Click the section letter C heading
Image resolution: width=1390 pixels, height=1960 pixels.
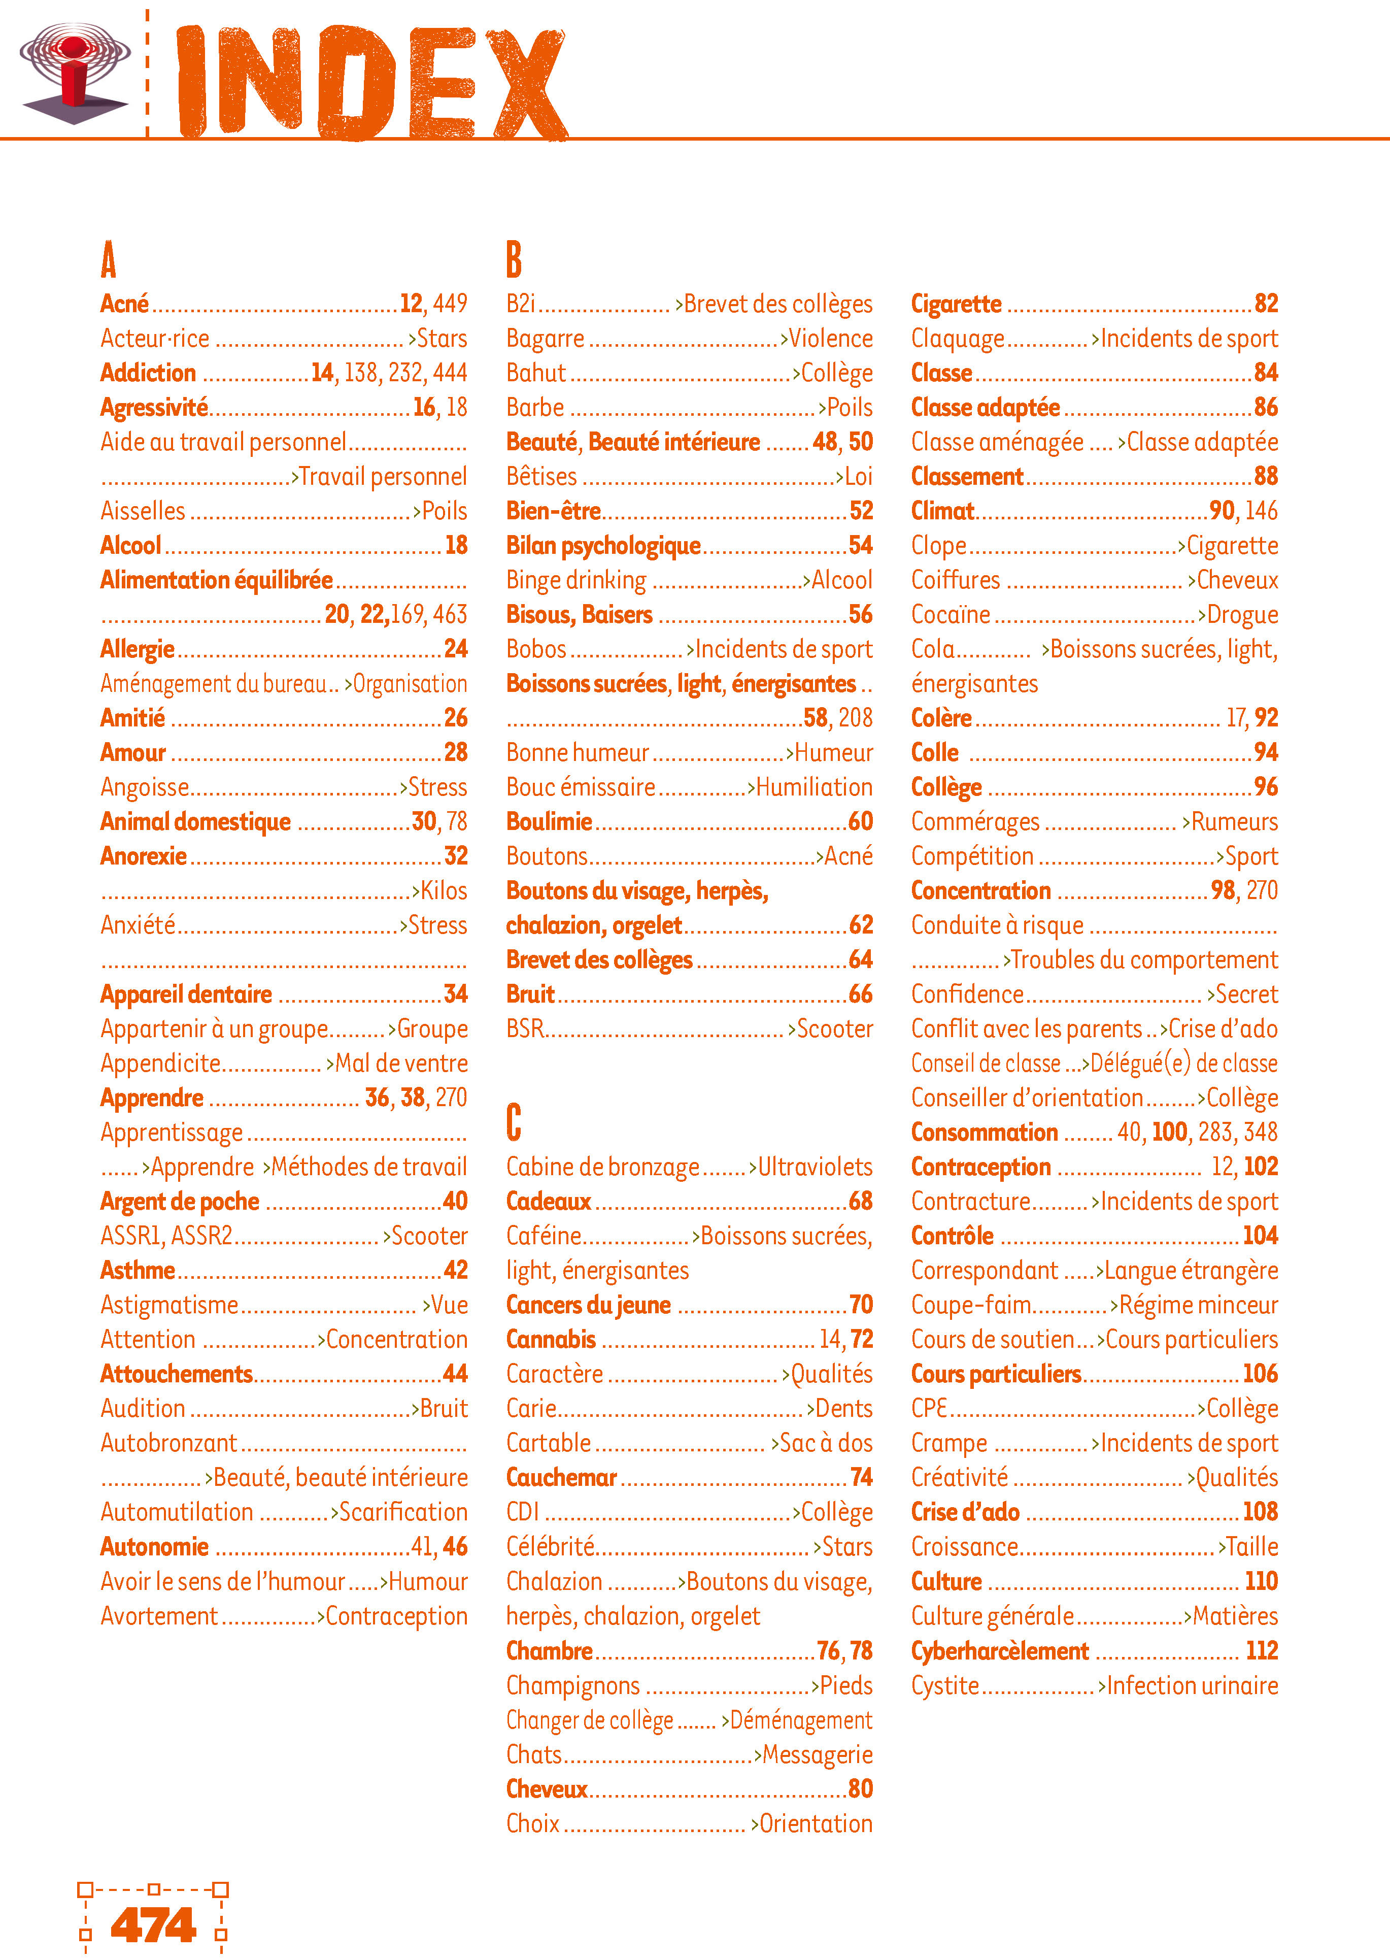coord(514,1122)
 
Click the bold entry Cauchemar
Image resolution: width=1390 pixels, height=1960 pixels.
coord(561,1478)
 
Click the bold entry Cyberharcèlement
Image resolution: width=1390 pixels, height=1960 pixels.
coord(1000,1651)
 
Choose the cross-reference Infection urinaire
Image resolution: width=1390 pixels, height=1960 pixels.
coord(1192,1686)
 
